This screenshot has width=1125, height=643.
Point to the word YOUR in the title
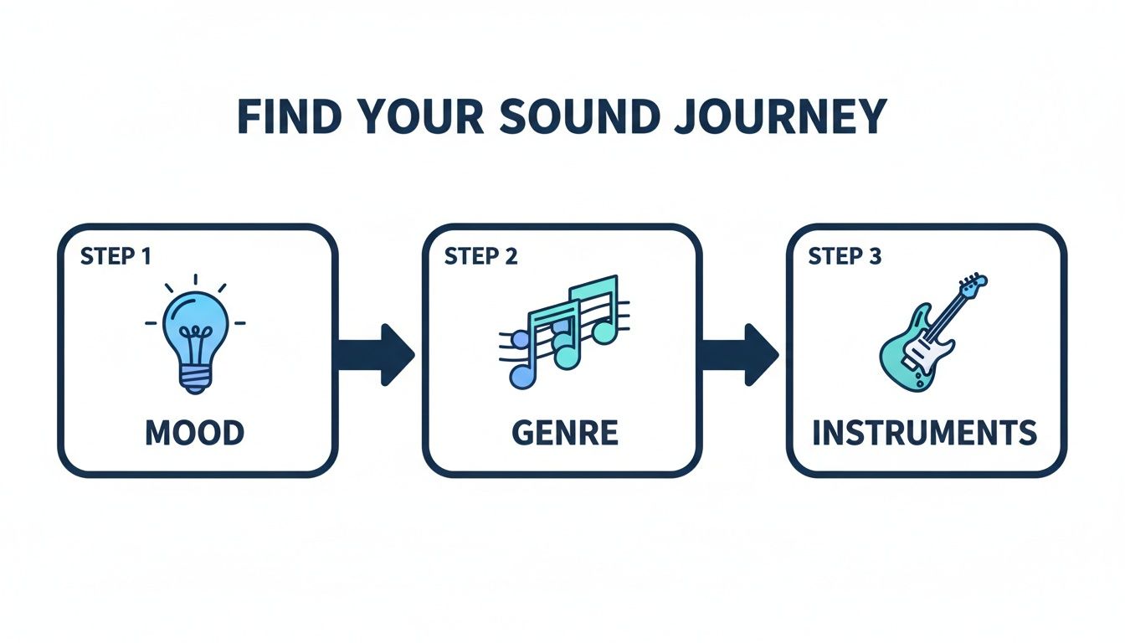(x=417, y=117)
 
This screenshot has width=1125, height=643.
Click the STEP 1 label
(x=116, y=256)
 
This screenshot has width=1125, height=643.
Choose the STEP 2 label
(x=480, y=256)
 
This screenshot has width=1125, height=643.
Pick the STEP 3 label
(x=845, y=256)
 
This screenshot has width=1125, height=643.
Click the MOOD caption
(x=195, y=433)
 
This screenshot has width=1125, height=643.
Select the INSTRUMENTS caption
(x=925, y=434)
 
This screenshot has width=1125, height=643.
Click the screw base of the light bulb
(x=195, y=380)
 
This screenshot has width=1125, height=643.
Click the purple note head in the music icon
(x=521, y=377)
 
